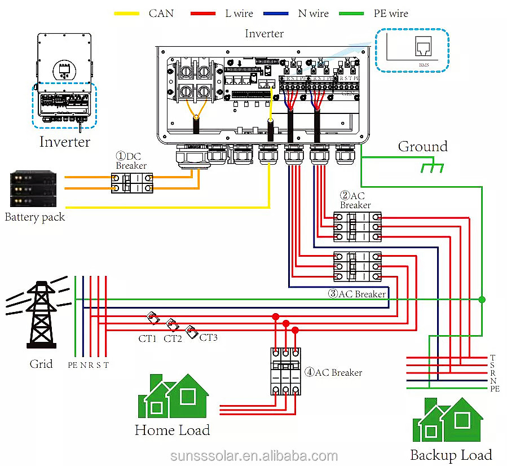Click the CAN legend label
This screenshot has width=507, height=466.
tap(161, 12)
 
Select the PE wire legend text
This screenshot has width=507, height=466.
tap(390, 12)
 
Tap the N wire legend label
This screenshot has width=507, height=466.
tap(313, 12)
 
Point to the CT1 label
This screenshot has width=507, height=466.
tap(147, 338)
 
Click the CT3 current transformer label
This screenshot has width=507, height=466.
tap(208, 337)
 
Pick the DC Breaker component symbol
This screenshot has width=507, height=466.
tap(132, 184)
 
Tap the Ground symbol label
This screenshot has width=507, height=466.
tap(422, 147)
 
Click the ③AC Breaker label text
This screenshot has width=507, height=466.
tap(357, 294)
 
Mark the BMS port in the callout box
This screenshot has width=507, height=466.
tap(423, 48)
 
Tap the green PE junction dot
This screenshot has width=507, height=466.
tap(482, 299)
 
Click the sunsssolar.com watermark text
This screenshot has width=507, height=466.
tap(254, 456)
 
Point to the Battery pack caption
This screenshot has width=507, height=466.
tap(34, 217)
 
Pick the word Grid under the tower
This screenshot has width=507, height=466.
tap(41, 364)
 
